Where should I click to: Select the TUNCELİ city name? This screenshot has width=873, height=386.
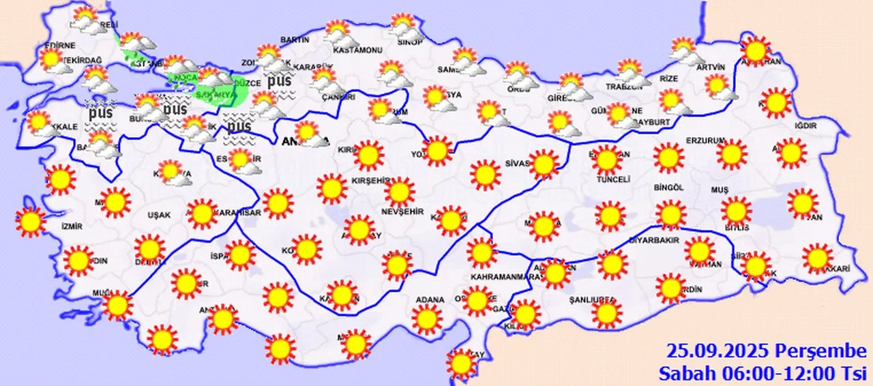click(611, 179)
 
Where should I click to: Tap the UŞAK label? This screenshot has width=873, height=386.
click(159, 215)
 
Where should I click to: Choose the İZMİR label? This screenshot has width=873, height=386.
click(72, 226)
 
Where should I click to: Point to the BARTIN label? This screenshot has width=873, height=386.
click(295, 40)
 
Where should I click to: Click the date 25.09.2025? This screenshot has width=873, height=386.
click(719, 351)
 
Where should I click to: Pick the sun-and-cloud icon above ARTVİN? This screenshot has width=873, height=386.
click(683, 50)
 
